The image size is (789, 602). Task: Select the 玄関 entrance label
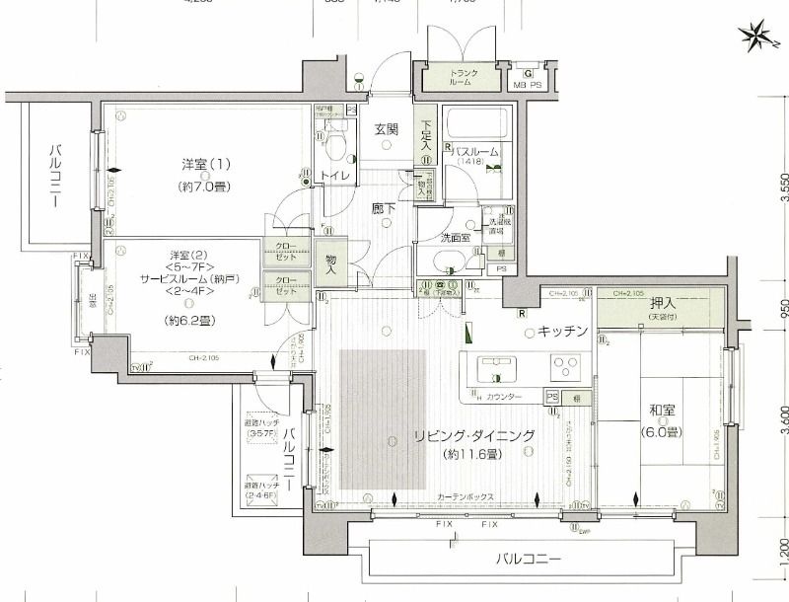tap(386, 129)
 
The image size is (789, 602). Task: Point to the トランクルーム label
tap(464, 79)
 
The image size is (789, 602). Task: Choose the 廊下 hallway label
tap(384, 209)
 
